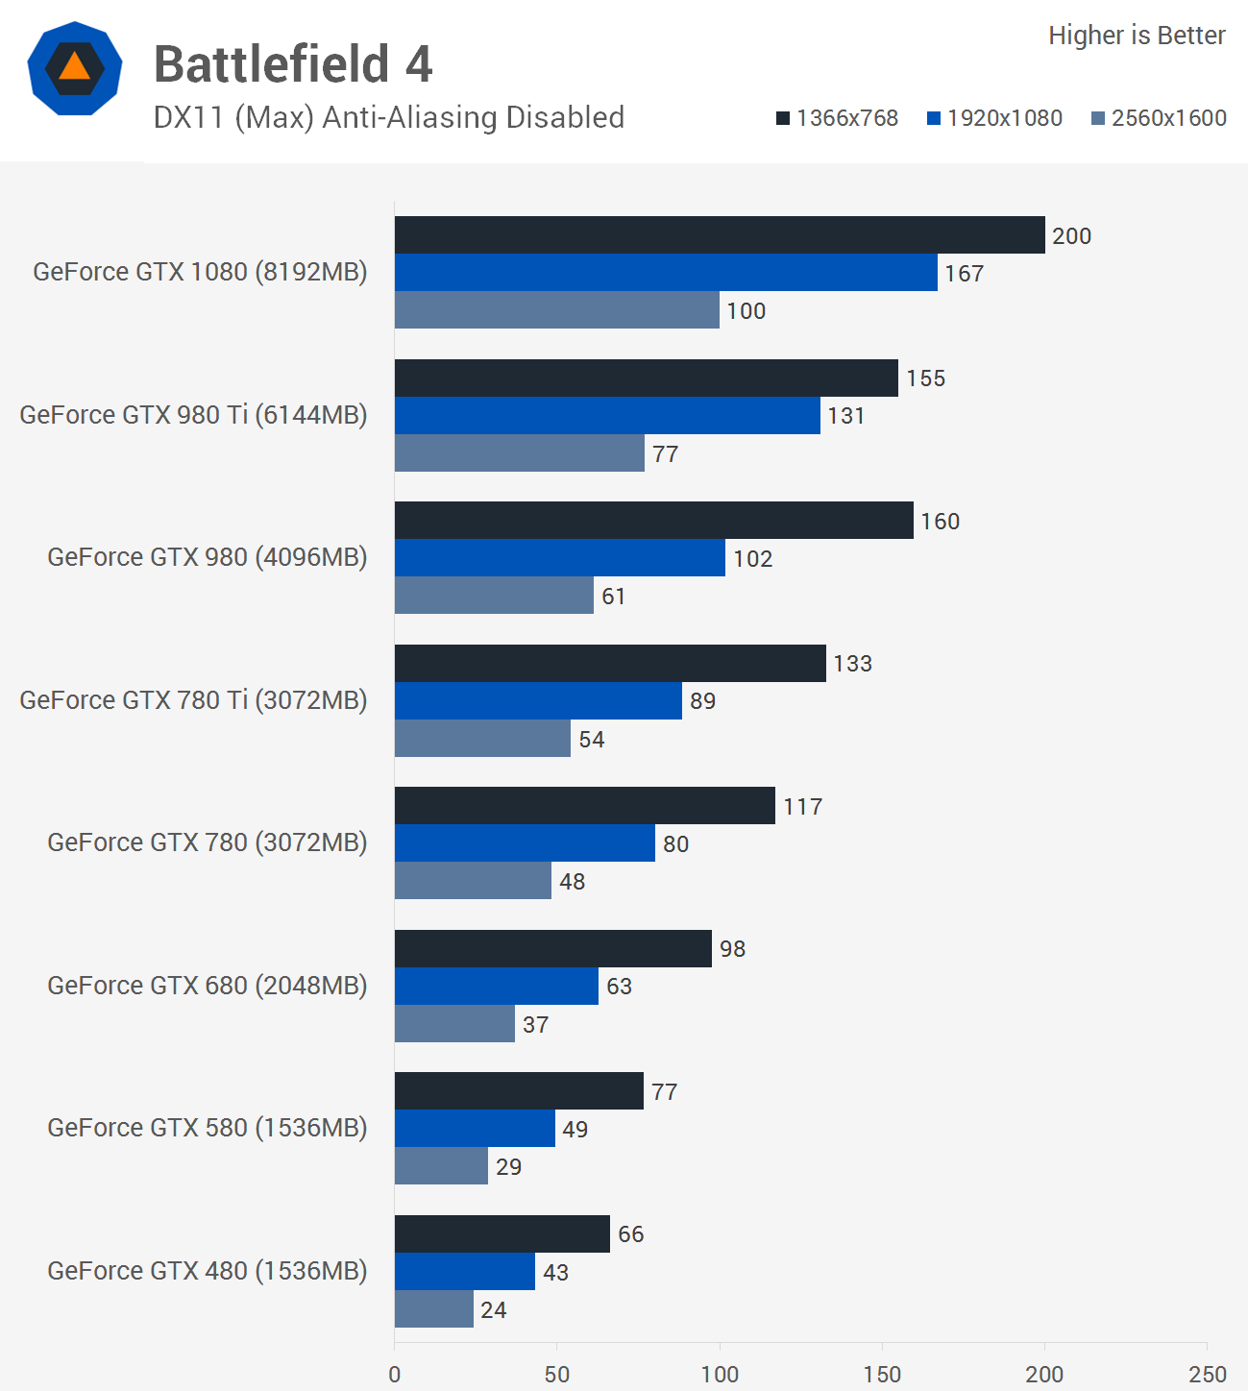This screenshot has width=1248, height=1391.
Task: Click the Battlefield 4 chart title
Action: pos(293,64)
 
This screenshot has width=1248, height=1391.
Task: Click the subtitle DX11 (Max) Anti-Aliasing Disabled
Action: pos(388,117)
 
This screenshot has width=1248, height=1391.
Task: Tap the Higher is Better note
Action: pos(1136,36)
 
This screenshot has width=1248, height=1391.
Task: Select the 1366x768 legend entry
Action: pos(837,118)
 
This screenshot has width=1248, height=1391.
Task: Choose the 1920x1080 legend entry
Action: pos(994,118)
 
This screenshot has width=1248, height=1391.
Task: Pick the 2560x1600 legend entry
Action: pos(1159,118)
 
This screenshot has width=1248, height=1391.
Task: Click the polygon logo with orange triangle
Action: pos(75,68)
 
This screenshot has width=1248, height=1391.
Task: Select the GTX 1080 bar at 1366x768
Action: pos(719,235)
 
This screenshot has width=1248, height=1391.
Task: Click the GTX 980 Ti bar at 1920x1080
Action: pos(607,416)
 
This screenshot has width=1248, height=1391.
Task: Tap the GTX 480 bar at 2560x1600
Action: pos(433,1309)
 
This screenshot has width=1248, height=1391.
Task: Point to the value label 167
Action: pos(964,274)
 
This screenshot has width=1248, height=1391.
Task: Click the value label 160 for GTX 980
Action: pos(940,522)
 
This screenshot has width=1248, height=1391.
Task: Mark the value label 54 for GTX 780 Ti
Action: pos(591,740)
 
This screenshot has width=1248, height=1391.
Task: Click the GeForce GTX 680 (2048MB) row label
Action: pos(207,986)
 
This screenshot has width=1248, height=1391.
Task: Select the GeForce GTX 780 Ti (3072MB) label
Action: pos(193,700)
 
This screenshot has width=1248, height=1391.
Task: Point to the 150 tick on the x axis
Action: pos(882,1374)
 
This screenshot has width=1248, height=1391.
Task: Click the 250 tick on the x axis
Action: pos(1207,1374)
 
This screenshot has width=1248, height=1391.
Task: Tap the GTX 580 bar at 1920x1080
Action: pos(475,1129)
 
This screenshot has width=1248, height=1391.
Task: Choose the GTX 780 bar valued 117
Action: pos(584,806)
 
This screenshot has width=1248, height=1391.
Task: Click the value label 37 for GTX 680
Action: pos(535,1025)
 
